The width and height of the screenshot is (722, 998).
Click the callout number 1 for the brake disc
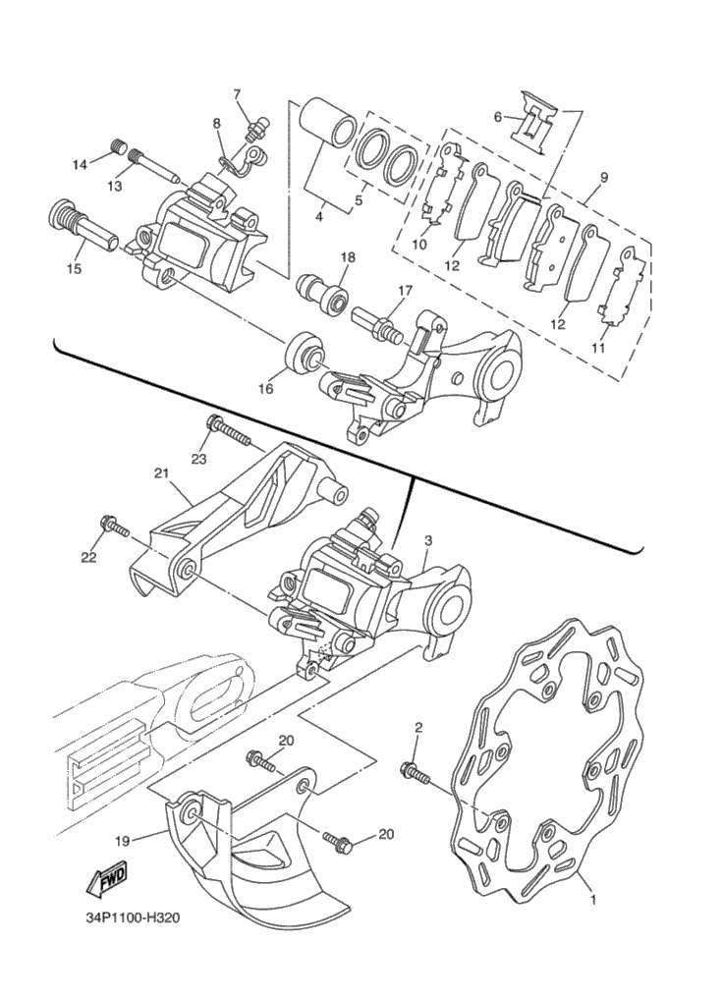coord(592,898)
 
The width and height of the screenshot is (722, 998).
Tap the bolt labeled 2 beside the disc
coord(416,773)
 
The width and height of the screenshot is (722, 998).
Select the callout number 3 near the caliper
coord(428,540)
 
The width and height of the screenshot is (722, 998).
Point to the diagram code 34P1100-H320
coord(131,919)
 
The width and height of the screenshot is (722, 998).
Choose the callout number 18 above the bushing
coord(348,257)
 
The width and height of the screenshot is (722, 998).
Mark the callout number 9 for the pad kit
coord(603,178)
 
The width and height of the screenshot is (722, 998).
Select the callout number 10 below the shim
coord(420,245)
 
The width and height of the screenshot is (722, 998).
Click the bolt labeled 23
coord(227,428)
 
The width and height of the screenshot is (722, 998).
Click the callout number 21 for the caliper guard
coord(161,472)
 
